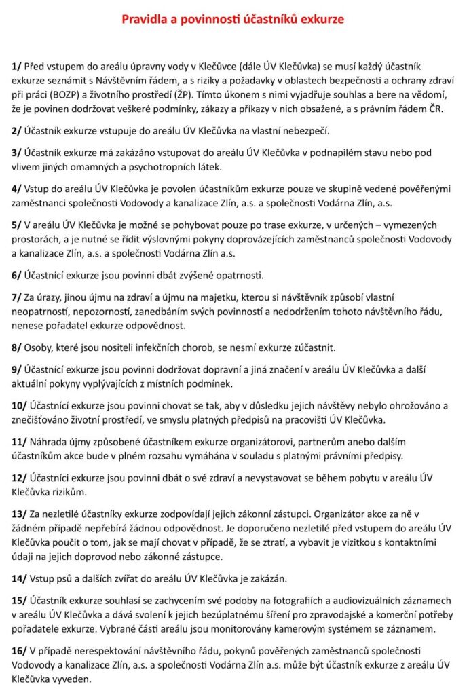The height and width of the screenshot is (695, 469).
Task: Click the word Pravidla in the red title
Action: pyautogui.click(x=144, y=20)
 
